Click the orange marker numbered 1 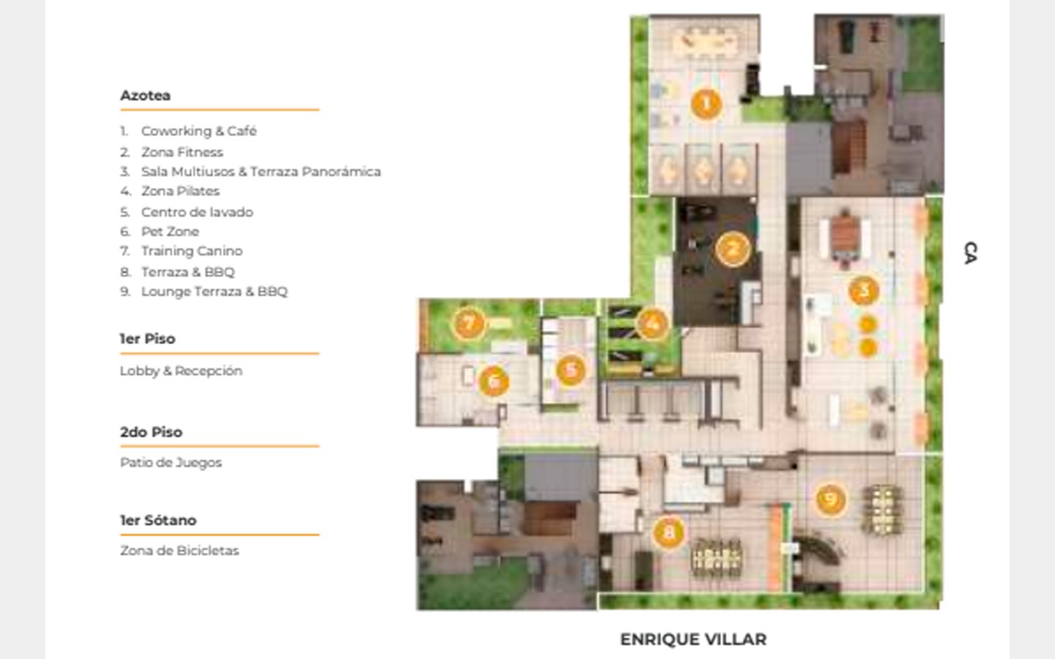click(x=706, y=103)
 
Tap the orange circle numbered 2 click(x=733, y=249)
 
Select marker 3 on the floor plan click(x=864, y=291)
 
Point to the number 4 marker click(x=652, y=324)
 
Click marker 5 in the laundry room click(x=571, y=370)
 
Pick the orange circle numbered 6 click(x=494, y=381)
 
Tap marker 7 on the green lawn click(x=469, y=323)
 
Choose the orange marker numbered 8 click(x=668, y=533)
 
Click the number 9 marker click(x=830, y=499)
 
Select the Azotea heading click(x=145, y=95)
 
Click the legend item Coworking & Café click(x=199, y=131)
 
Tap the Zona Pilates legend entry click(x=180, y=191)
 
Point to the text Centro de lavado click(x=197, y=212)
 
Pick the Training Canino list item click(x=192, y=251)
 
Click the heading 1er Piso click(x=147, y=339)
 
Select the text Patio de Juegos click(x=171, y=463)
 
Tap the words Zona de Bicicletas click(x=179, y=551)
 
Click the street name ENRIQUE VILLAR click(x=693, y=639)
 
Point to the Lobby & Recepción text click(x=181, y=371)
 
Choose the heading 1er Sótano click(x=158, y=521)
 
